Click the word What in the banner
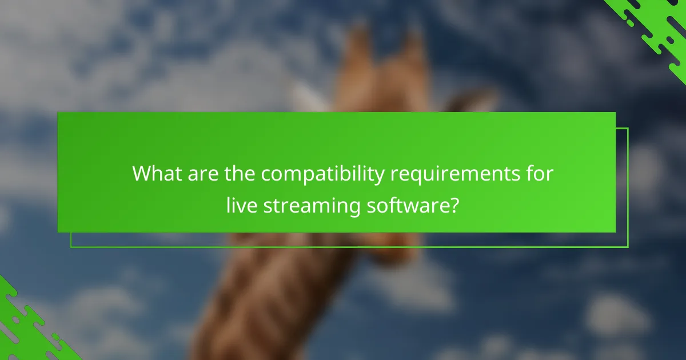[154, 174]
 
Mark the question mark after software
[453, 205]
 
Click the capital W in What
[142, 174]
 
